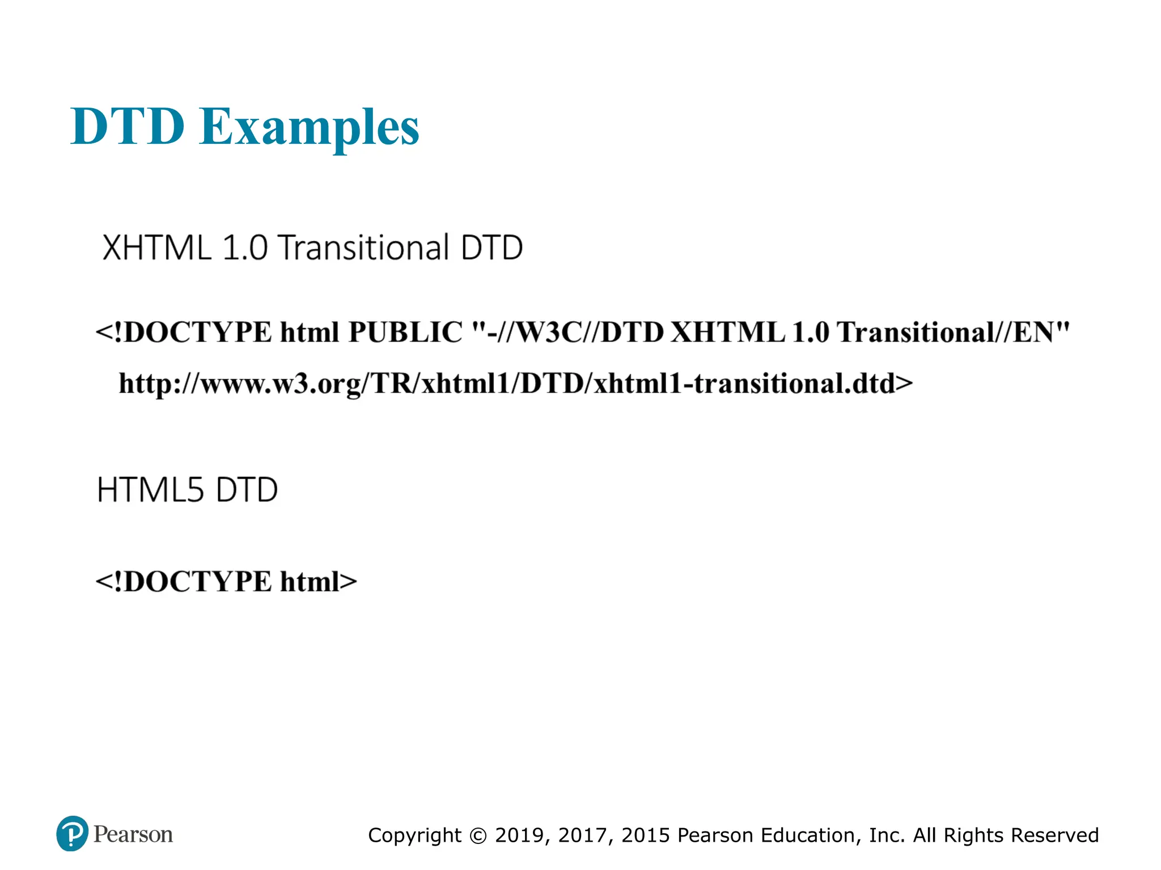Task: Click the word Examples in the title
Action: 309,127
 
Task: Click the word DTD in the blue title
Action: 128,126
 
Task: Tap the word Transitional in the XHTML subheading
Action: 363,248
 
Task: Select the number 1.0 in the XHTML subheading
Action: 245,248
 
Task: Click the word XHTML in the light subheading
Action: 157,248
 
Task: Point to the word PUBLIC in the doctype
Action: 405,332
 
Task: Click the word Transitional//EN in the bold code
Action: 953,332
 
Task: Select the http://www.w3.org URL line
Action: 515,384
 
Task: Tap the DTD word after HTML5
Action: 247,490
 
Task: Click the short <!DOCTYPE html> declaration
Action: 226,582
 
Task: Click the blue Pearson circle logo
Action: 73,833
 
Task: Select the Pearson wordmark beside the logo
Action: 133,834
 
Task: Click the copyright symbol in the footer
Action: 478,836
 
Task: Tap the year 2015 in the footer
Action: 646,835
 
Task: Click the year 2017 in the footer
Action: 584,835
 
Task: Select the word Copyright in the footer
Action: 414,836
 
